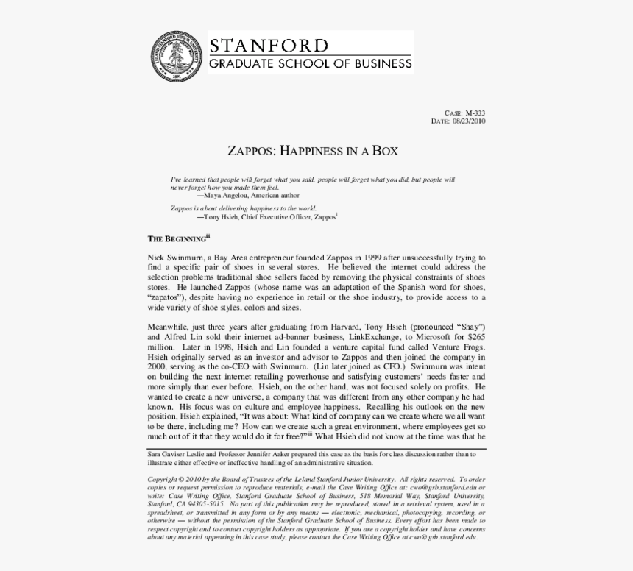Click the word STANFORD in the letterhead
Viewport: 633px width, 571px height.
269,45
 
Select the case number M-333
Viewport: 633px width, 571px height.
475,113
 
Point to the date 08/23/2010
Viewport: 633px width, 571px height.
469,121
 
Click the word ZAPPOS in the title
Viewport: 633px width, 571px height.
250,152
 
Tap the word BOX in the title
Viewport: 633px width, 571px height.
384,152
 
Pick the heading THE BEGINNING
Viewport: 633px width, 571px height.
177,238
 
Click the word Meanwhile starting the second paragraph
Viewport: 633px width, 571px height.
169,326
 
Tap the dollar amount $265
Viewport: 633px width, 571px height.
474,336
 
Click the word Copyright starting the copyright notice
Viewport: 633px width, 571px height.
164,479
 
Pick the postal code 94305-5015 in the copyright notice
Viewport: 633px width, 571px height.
205,504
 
